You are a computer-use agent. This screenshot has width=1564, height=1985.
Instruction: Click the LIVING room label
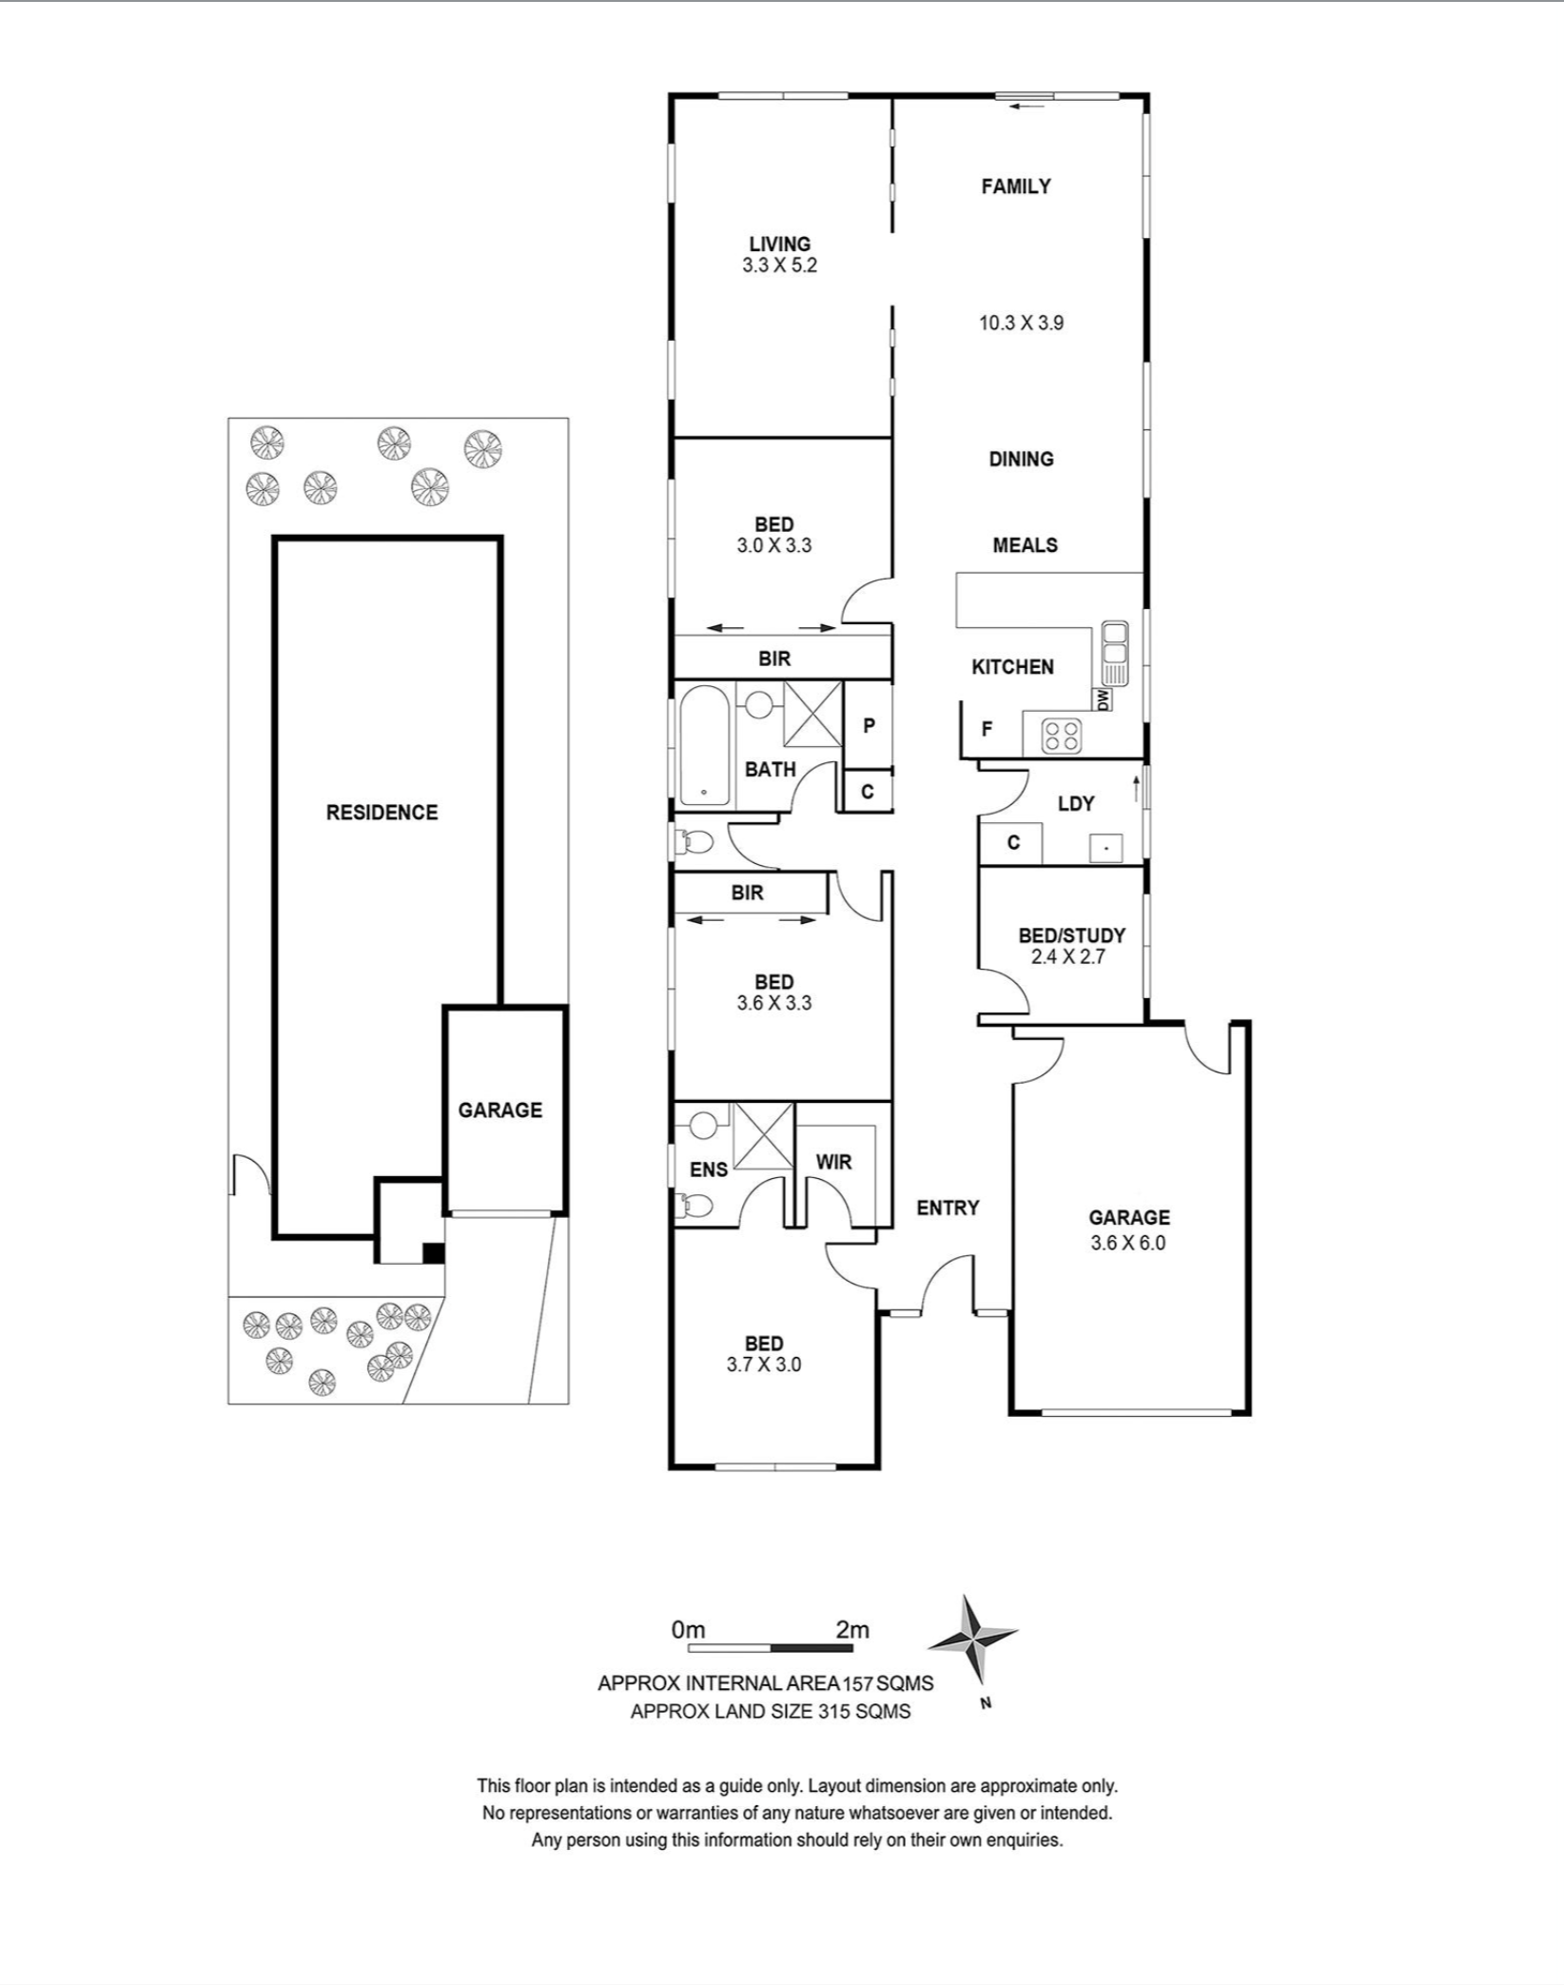(x=779, y=245)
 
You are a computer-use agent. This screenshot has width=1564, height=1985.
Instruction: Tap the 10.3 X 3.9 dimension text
(x=1021, y=324)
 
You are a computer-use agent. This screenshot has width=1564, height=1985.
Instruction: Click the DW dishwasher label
(x=1104, y=700)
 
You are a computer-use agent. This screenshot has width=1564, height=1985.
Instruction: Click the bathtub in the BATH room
(x=704, y=746)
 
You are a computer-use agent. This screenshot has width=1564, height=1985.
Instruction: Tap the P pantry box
(x=869, y=726)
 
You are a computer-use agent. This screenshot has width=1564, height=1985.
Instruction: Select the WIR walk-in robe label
(x=833, y=1162)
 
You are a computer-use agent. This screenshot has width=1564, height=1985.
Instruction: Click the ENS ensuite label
(x=708, y=1169)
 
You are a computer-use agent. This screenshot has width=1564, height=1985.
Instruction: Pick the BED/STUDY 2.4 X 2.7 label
(x=1070, y=946)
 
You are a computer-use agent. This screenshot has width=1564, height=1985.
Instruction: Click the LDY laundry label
(x=1076, y=804)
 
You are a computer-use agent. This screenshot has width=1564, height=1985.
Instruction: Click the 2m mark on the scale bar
(x=851, y=1630)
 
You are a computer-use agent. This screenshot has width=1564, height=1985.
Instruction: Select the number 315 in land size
(x=833, y=1711)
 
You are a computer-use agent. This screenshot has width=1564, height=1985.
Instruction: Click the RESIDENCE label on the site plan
(x=381, y=813)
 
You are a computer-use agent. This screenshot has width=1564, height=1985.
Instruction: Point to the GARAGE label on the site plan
(x=499, y=1110)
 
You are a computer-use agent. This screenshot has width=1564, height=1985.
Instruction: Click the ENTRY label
(x=948, y=1208)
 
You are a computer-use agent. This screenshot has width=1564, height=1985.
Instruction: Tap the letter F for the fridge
(x=987, y=729)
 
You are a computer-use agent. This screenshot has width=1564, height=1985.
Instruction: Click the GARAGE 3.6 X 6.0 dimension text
(x=1128, y=1243)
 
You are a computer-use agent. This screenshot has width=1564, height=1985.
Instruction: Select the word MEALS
(x=1025, y=545)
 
